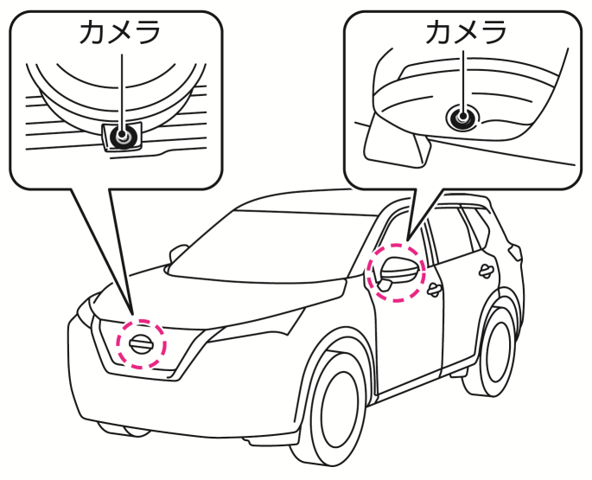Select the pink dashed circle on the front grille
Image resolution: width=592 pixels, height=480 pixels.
(140, 344)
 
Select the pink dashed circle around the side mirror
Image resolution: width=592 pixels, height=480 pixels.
(396, 272)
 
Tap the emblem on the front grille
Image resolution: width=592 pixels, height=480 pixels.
(140, 344)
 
